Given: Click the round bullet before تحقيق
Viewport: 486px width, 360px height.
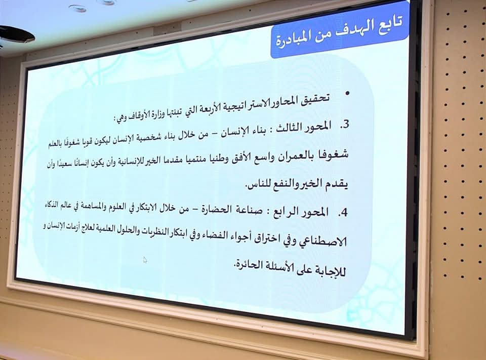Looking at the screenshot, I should (347, 94).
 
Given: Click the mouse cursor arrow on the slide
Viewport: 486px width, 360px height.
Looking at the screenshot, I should (145, 260).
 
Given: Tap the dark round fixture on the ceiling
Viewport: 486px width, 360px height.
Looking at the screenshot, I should (15, 34).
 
